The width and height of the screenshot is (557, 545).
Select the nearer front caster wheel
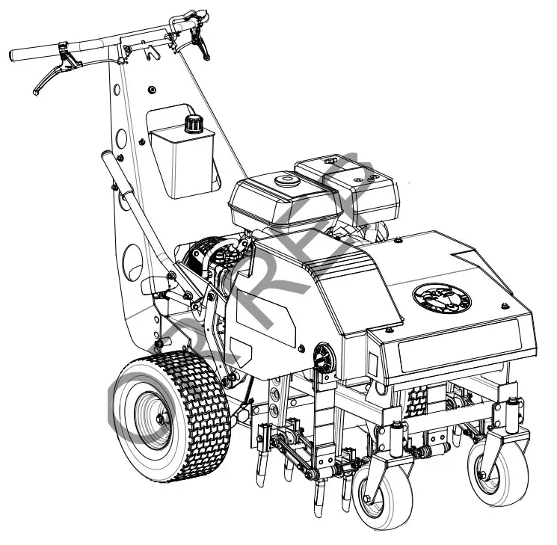tap(377, 493)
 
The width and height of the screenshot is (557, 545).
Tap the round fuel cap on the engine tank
tap(284, 180)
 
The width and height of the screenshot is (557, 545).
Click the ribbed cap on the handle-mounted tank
tap(196, 123)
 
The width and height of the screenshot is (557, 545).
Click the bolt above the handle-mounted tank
tap(153, 90)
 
